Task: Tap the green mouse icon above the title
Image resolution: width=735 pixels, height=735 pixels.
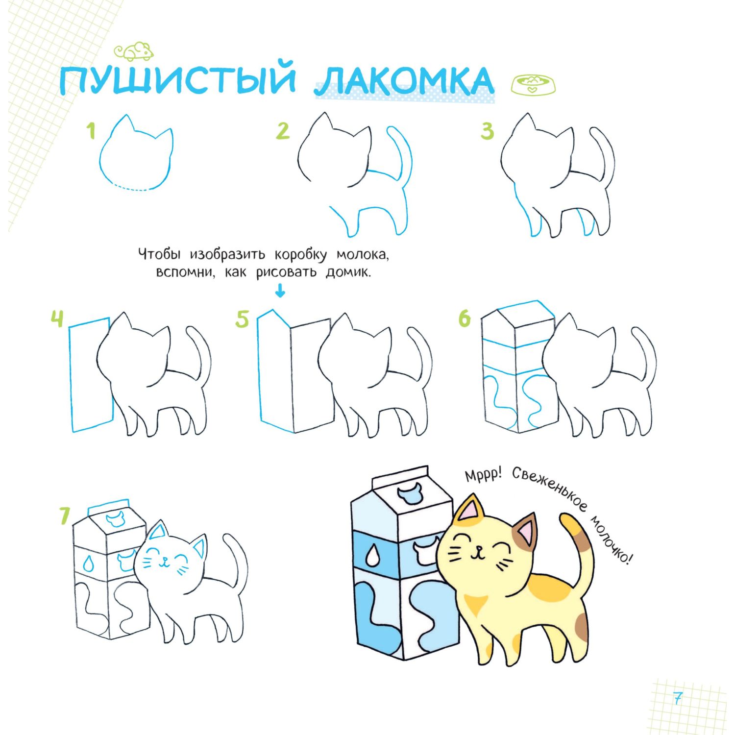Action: pos(134,51)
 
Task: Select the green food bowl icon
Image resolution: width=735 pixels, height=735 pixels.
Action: pos(534,84)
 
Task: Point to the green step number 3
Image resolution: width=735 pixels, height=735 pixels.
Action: pos(487,131)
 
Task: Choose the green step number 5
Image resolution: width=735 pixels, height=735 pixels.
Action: pos(243,319)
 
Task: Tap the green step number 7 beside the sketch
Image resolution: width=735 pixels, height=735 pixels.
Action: pos(65,516)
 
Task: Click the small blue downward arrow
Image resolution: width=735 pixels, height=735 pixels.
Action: pos(280,292)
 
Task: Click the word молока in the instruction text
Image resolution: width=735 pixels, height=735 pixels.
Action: pos(362,255)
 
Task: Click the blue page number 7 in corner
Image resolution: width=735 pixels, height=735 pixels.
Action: pos(678,698)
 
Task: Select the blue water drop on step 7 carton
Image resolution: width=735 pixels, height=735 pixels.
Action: pos(88,563)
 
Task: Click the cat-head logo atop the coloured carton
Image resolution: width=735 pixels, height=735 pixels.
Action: pos(410,494)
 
